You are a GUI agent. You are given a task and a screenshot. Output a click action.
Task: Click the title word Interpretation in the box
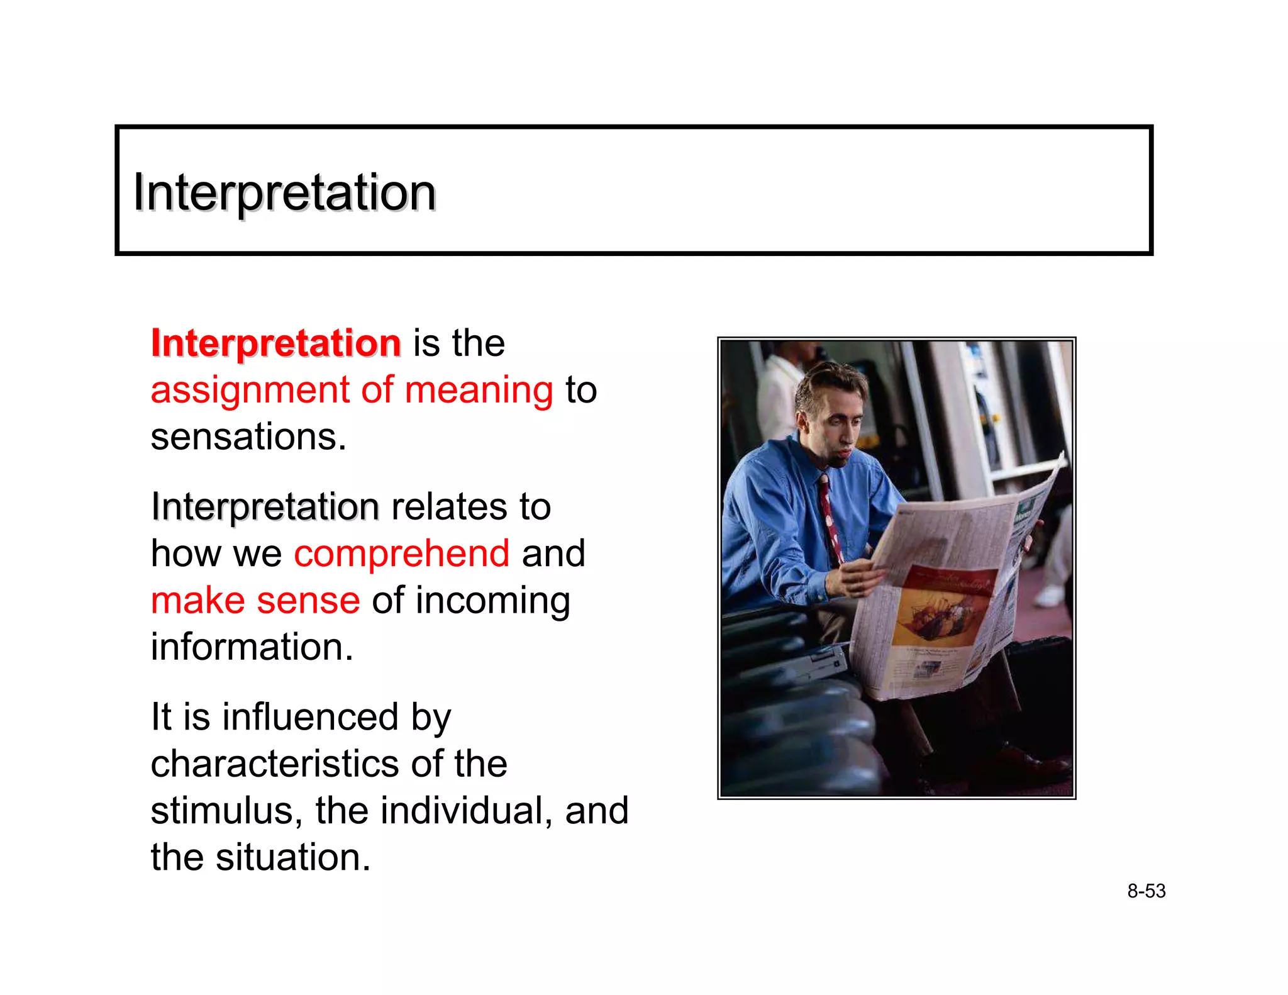coord(284,192)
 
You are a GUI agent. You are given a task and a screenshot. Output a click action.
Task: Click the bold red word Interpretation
coord(275,343)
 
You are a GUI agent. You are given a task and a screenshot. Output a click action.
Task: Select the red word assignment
coord(249,391)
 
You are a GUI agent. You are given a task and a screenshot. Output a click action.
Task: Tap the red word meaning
coord(479,391)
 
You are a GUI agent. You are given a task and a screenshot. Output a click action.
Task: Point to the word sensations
coord(248,437)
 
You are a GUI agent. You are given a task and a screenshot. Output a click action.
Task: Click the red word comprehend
coord(401,553)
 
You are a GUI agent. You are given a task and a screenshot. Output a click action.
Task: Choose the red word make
coord(197,600)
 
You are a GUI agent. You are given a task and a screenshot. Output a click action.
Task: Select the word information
coord(252,647)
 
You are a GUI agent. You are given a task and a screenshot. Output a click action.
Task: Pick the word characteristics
coord(274,764)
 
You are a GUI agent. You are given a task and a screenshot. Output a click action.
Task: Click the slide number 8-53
coord(1146,891)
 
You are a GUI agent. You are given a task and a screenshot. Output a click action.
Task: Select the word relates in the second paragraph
coord(448,507)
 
